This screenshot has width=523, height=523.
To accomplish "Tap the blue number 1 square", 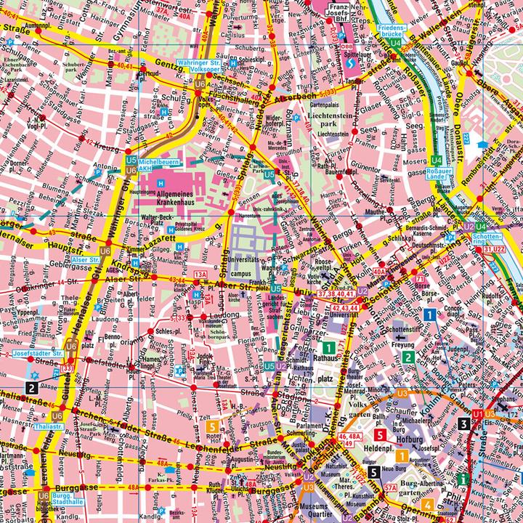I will tap(430, 315).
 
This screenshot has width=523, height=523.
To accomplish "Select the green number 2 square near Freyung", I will tap(410, 357).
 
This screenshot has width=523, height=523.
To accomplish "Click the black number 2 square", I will tap(32, 387).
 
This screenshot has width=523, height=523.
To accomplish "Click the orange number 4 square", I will tap(429, 506).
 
